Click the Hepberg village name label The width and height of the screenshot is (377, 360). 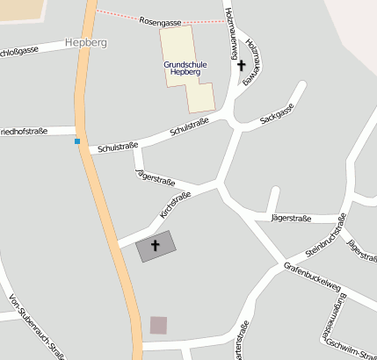click(x=86, y=41)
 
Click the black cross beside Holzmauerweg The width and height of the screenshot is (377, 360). click(x=242, y=64)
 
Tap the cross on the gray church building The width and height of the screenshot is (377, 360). click(x=156, y=245)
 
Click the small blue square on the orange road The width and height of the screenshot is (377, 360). click(x=77, y=140)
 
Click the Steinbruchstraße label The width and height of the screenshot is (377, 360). click(x=326, y=234)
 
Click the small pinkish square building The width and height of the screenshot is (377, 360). click(x=158, y=325)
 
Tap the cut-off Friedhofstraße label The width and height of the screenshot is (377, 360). click(x=24, y=132)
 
